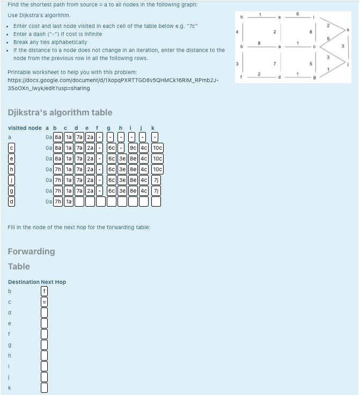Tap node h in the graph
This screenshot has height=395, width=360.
click(241, 16)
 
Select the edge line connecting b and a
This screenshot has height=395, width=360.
click(260, 48)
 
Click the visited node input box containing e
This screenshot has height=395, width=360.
click(10, 158)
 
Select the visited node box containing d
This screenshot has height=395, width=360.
click(10, 201)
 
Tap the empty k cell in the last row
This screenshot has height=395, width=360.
click(156, 201)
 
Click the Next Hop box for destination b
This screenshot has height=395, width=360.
click(45, 291)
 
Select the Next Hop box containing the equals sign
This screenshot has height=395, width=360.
click(45, 302)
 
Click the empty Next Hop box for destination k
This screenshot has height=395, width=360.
click(45, 387)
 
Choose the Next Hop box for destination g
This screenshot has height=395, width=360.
click(45, 345)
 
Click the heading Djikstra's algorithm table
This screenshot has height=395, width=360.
click(60, 112)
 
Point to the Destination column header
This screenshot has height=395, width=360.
click(24, 282)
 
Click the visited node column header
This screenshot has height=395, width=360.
click(25, 128)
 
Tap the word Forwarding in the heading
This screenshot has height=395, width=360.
click(31, 251)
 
